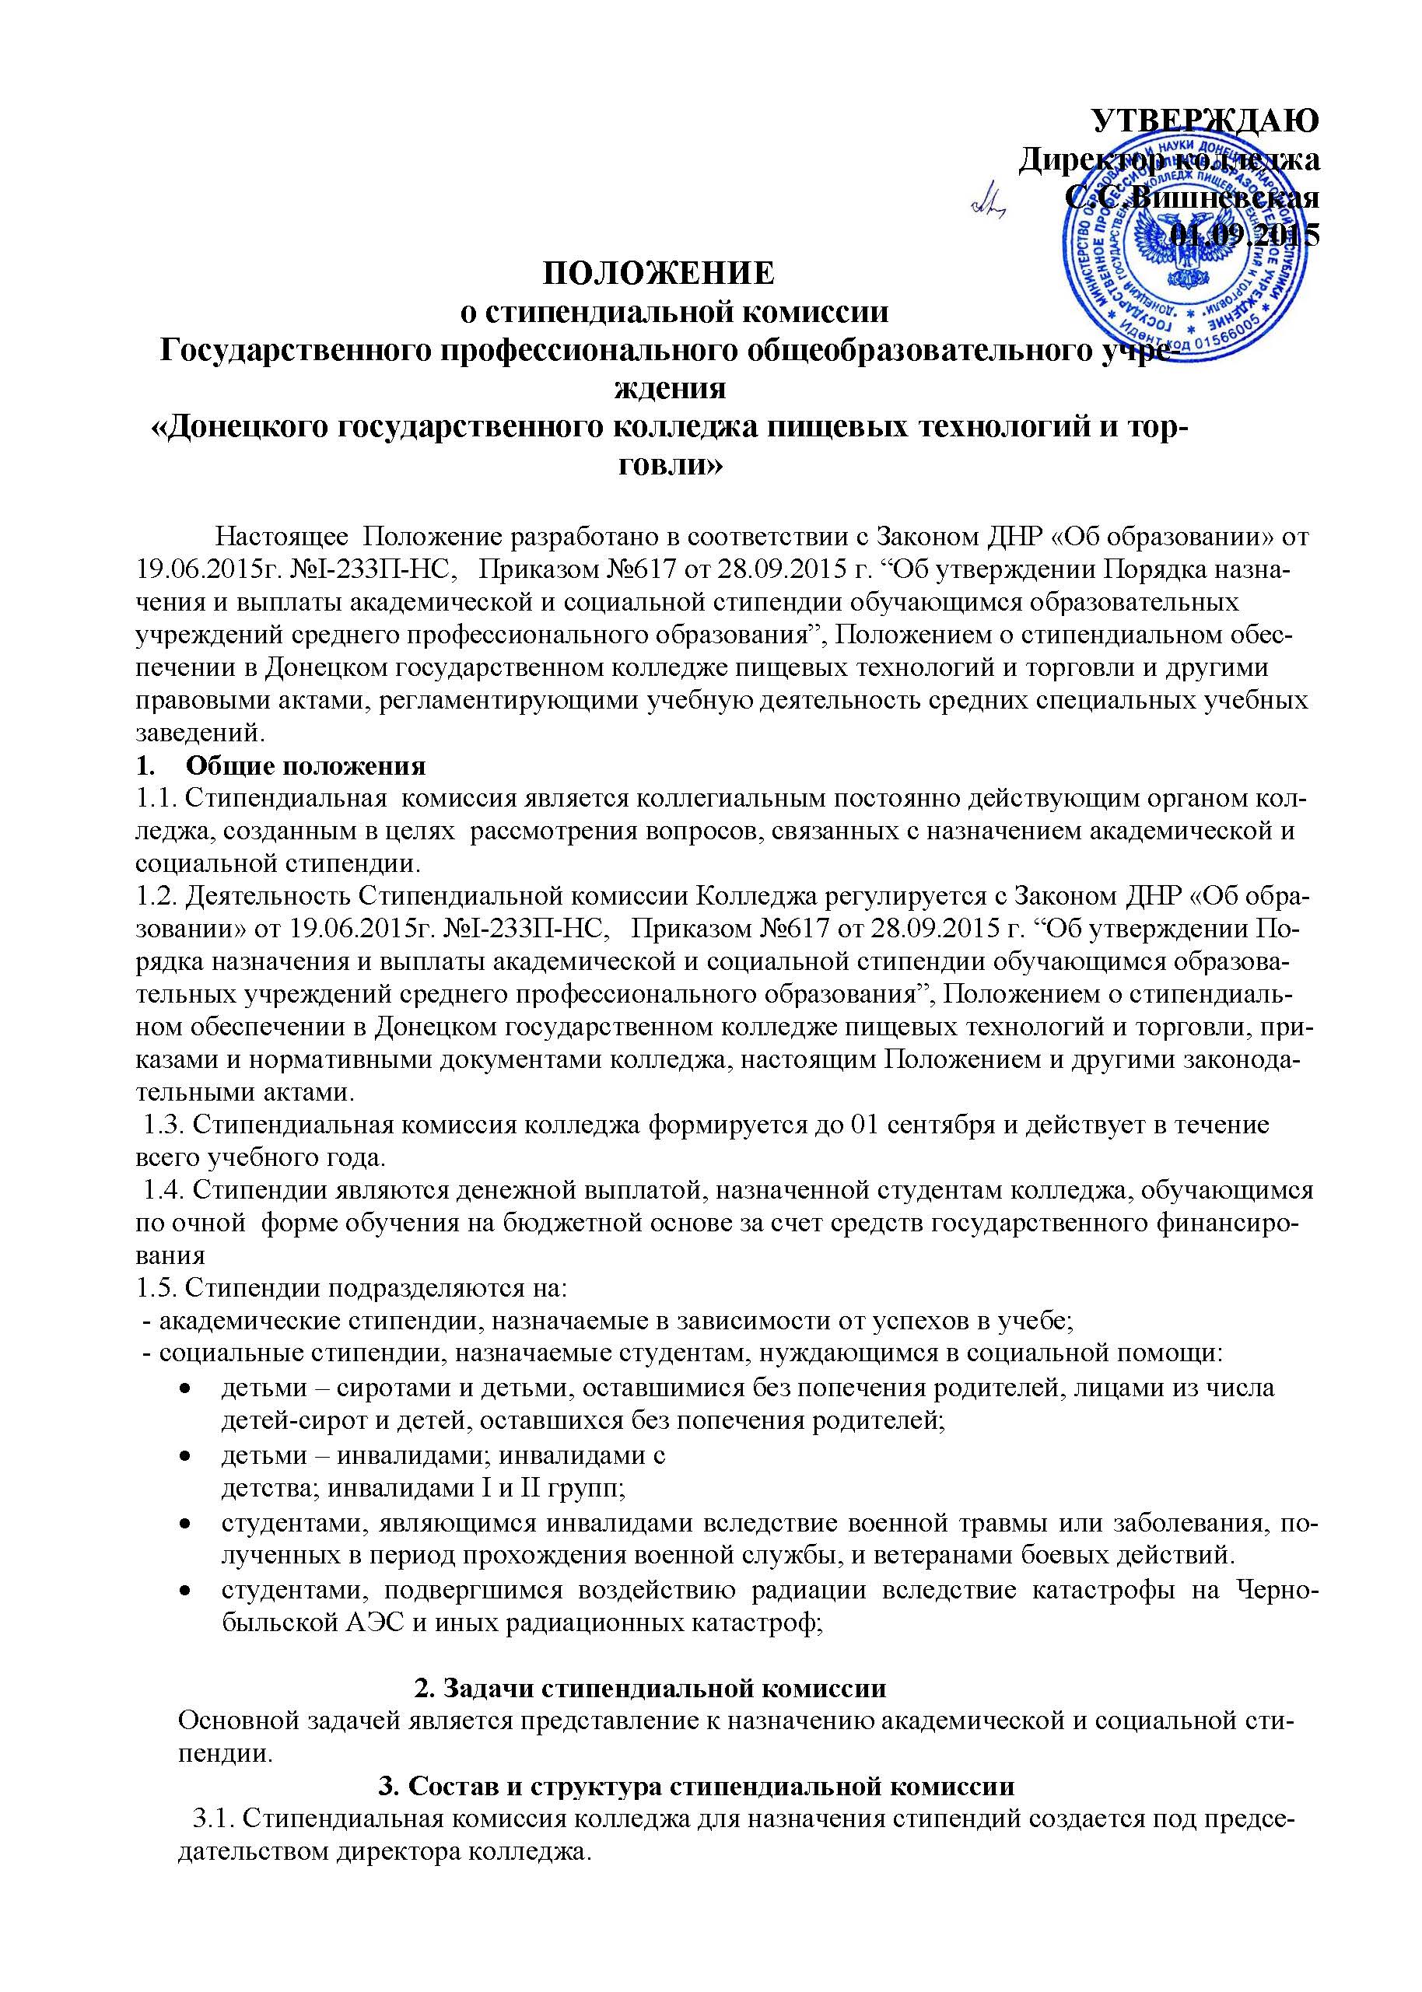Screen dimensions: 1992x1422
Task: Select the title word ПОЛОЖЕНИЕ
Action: point(658,273)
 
